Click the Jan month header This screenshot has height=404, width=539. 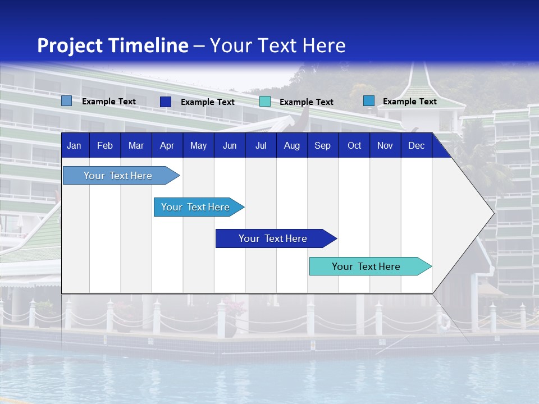coord(74,145)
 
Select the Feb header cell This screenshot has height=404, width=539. coord(105,145)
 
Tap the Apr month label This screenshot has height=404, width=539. coord(167,145)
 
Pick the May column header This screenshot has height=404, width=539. coord(198,145)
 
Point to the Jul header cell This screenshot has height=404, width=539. coord(261,145)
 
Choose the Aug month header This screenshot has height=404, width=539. coord(291,145)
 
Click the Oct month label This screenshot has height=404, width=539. coord(354,145)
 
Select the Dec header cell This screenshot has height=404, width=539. coord(416,145)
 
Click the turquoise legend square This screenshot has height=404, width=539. coord(265,102)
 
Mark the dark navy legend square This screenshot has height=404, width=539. coord(166,102)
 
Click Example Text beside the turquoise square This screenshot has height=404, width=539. coord(306,102)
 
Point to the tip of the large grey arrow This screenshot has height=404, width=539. coord(493,213)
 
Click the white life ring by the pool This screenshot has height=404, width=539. coord(445,322)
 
